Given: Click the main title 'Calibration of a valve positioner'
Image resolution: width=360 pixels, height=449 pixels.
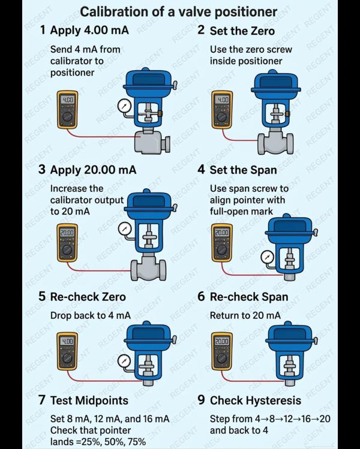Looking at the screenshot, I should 179,11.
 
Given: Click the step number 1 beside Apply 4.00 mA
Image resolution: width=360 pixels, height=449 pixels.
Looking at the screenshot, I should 42,31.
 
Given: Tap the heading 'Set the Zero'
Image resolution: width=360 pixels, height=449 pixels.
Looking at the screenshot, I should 242,31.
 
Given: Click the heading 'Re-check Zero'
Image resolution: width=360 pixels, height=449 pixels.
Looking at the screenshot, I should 88,297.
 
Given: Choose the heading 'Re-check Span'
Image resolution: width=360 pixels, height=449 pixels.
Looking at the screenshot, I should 248,297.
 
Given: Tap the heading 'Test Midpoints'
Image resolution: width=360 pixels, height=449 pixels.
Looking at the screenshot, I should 89,400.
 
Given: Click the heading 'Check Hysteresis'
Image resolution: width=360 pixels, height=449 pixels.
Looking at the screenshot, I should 255,400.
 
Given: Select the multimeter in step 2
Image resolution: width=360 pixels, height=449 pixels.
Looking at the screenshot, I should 223,109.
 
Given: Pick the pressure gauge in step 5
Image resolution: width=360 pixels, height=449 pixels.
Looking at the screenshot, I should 124,360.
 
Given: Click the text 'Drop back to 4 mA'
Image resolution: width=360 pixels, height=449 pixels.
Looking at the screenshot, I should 91,315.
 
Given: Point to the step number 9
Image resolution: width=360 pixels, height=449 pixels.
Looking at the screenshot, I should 202,400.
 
